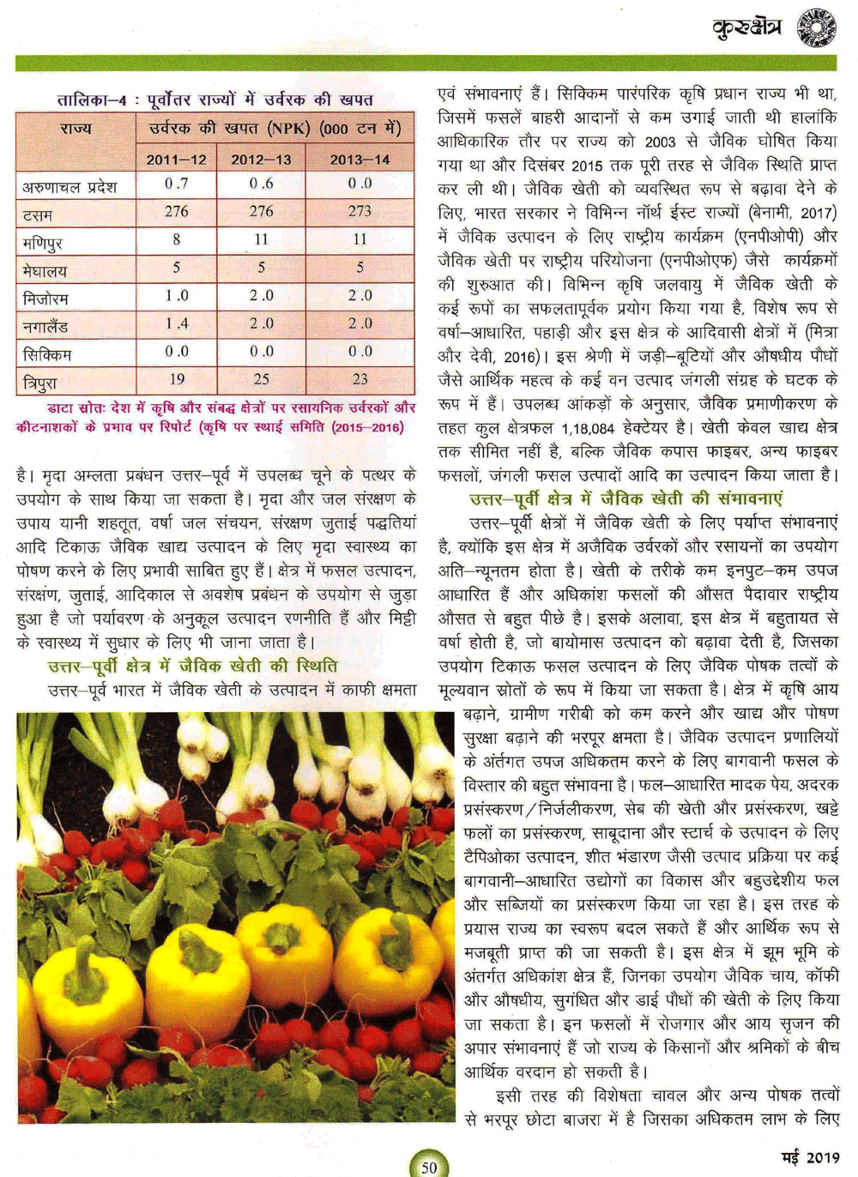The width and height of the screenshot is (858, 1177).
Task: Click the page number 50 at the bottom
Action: [429, 1166]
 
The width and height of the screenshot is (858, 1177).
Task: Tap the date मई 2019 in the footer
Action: [810, 1157]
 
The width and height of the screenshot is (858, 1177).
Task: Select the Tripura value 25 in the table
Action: [262, 378]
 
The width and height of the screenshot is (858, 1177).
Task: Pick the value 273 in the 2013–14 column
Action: [360, 211]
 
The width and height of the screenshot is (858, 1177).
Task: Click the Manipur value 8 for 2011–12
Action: [177, 239]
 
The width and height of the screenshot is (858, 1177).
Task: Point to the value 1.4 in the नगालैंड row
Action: [177, 323]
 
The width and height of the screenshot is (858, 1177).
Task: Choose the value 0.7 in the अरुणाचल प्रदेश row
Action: [177, 184]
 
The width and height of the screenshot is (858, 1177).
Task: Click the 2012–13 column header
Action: [261, 159]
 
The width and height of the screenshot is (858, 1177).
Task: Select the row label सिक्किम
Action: [47, 354]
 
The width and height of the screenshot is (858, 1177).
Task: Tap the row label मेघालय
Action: [45, 271]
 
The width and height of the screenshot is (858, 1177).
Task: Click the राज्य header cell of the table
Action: [76, 129]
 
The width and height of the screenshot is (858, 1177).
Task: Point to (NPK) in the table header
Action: [290, 129]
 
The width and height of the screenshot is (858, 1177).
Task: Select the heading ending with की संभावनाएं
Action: [625, 498]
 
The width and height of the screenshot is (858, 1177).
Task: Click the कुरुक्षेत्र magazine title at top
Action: [746, 28]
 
